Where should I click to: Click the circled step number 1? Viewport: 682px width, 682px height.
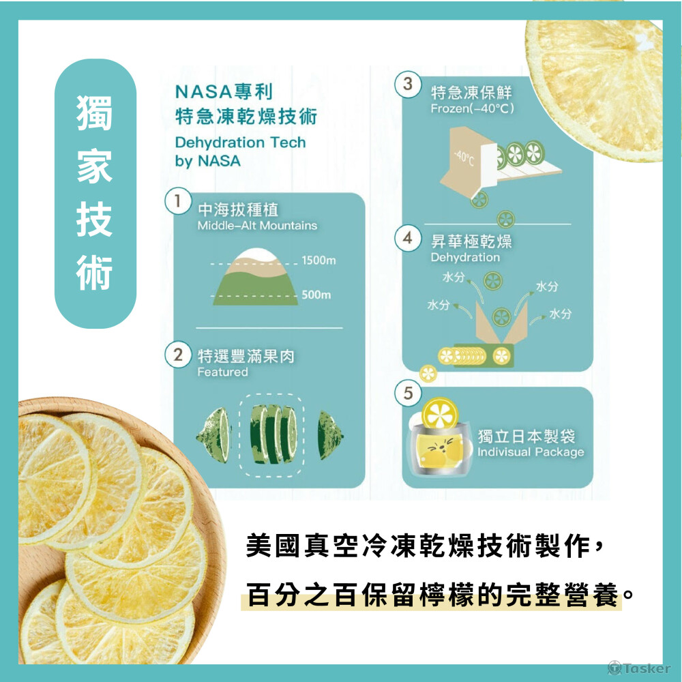[x=178, y=201]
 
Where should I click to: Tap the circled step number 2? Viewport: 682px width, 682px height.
[x=178, y=355]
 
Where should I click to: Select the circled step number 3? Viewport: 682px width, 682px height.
[x=408, y=84]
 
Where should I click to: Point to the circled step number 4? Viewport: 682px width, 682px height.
[x=408, y=238]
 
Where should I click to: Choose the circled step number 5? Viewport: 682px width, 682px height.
[x=408, y=393]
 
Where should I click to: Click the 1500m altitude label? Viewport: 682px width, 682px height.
[x=318, y=261]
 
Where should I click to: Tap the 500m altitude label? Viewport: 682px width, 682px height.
[x=316, y=295]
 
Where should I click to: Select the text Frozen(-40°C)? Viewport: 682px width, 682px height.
[x=473, y=108]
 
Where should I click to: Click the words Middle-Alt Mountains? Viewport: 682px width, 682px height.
[x=257, y=226]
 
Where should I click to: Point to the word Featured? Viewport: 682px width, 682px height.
[x=223, y=372]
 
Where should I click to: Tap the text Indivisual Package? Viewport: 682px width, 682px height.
[x=531, y=452]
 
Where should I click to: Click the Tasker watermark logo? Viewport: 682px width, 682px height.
[x=639, y=668]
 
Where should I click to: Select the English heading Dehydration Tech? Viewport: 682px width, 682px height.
[x=241, y=143]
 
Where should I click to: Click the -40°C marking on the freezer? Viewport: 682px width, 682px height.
[x=464, y=158]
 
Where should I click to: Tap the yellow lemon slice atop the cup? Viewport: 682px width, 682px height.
[x=440, y=413]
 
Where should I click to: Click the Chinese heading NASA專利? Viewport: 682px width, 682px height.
[x=224, y=92]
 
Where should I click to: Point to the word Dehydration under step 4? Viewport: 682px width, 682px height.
[x=465, y=258]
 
